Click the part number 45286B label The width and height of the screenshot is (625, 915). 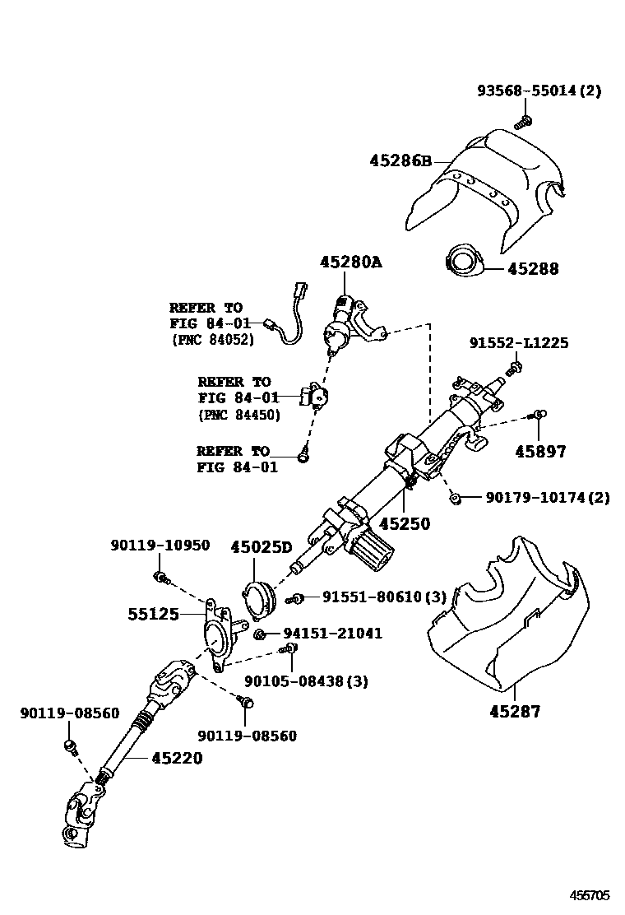400,160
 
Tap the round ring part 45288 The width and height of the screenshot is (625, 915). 463,262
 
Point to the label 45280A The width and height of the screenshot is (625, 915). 351,262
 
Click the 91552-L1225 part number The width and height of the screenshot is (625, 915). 518,343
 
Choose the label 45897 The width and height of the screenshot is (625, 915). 540,451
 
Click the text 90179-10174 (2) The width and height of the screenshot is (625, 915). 547,498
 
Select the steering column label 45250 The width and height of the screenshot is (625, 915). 404,523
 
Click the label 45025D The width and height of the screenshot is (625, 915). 262,546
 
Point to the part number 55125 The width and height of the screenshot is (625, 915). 153,614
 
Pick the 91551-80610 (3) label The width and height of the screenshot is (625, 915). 383,597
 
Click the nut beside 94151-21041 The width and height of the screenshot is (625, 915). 260,634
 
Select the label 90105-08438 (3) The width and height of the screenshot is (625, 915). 306,680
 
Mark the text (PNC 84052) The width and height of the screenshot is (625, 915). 214,339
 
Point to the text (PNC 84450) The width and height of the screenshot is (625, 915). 239,415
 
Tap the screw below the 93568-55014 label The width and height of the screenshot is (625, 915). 521,123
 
